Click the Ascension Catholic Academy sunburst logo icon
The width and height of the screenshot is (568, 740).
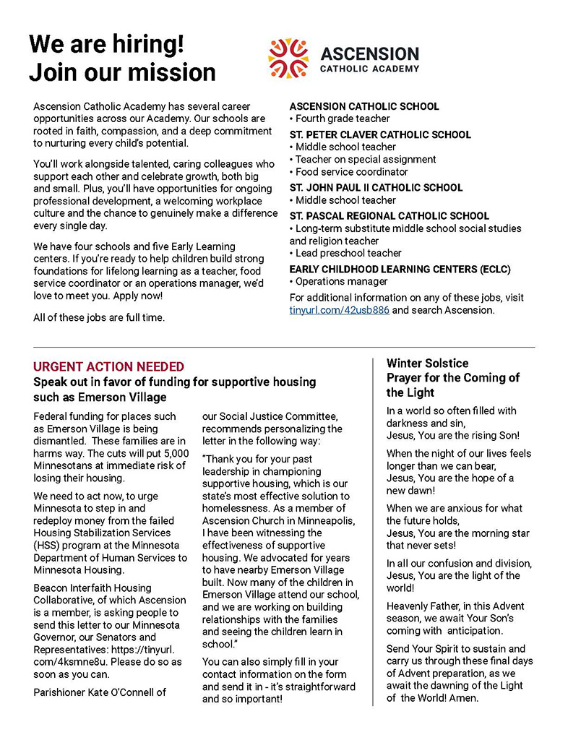click(288, 59)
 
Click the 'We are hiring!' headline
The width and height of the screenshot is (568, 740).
click(106, 44)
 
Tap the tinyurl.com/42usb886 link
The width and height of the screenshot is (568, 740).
click(340, 310)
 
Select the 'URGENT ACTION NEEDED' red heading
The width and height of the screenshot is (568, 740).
click(108, 367)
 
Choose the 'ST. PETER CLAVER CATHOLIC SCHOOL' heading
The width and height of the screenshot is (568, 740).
click(380, 134)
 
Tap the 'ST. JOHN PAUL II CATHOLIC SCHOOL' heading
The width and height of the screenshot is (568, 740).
click(376, 188)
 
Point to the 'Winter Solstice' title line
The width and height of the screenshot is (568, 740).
click(427, 363)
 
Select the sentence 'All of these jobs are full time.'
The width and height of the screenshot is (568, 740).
click(99, 317)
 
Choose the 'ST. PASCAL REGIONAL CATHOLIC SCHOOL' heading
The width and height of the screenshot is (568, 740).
click(389, 216)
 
